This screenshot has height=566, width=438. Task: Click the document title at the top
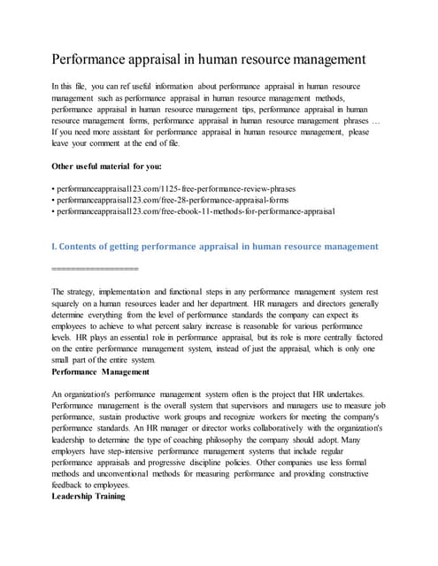208,61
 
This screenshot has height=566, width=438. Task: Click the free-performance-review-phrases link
175,188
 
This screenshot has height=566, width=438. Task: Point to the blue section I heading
215,246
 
